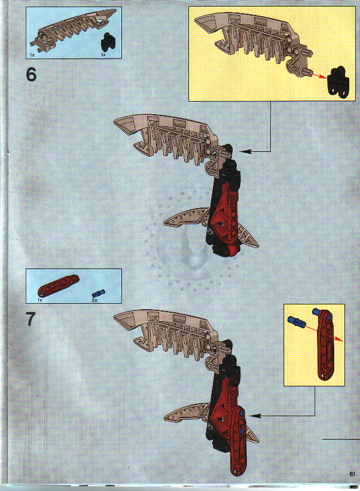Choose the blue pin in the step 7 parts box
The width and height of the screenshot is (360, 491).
98,293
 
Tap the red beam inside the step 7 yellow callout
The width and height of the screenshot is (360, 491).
324,344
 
